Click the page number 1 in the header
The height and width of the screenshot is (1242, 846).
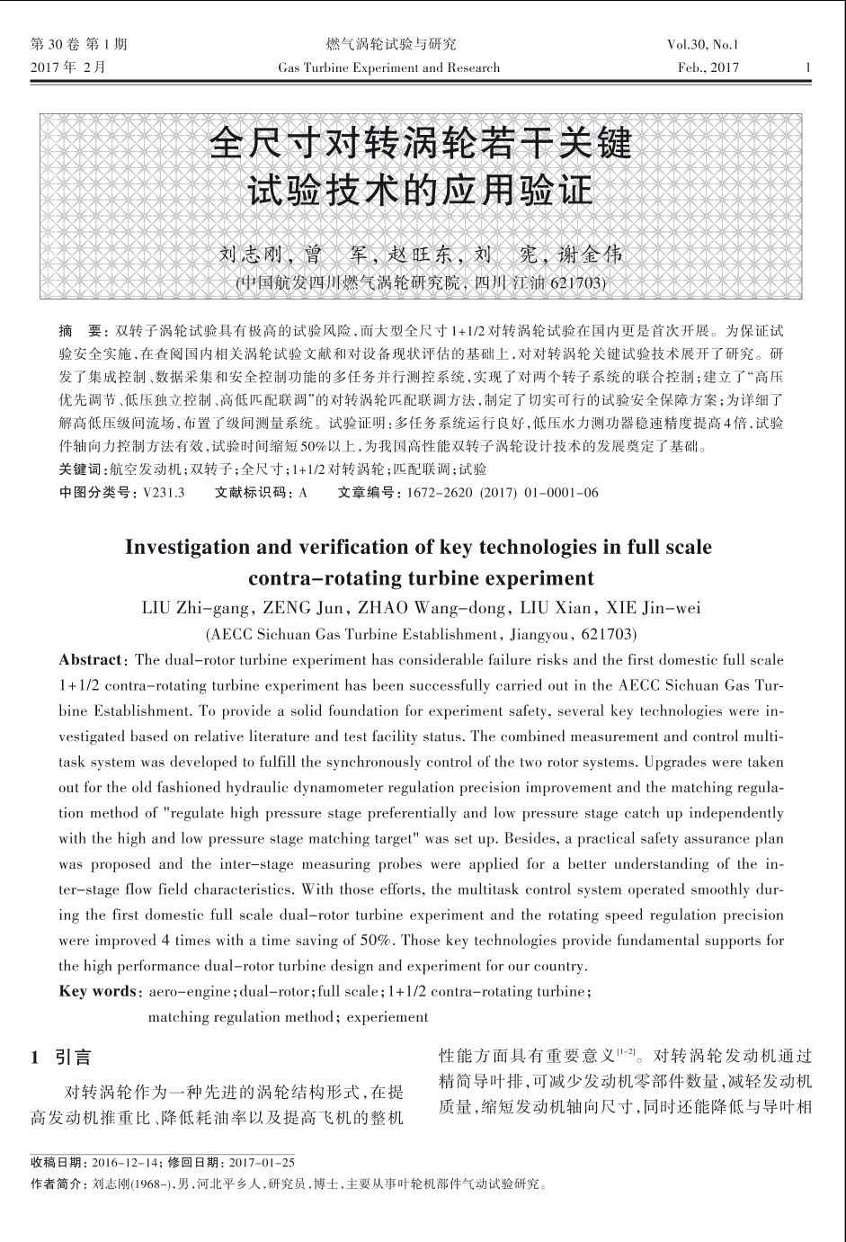(x=808, y=67)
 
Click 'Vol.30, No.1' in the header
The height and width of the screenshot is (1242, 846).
(x=702, y=44)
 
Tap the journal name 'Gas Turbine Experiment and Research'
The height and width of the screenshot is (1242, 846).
(x=389, y=67)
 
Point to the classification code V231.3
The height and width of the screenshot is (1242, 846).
(x=162, y=493)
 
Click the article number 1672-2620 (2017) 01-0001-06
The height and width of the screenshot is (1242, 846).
(x=503, y=493)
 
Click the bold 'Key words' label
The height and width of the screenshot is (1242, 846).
(x=97, y=991)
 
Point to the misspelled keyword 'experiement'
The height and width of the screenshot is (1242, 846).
(x=387, y=1017)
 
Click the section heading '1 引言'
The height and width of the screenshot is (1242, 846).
(x=61, y=1058)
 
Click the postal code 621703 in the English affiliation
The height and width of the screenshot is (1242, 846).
(x=608, y=633)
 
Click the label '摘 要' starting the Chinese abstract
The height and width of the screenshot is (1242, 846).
(x=79, y=330)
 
